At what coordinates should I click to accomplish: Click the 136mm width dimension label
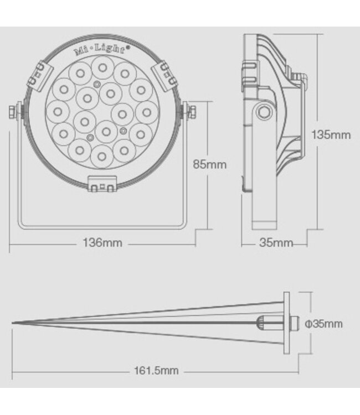coord(102,243)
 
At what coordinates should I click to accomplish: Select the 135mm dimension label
coord(331,135)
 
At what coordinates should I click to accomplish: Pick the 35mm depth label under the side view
coord(275,243)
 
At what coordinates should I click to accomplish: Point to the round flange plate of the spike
coord(286,324)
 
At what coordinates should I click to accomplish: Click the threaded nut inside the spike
coord(264,323)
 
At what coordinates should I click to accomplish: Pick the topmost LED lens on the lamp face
coord(102,68)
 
